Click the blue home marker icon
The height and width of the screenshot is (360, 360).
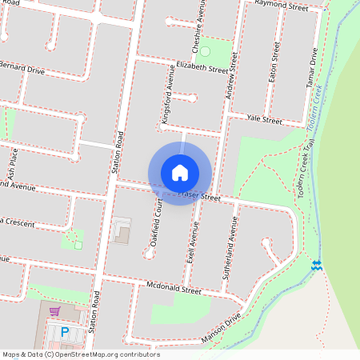click(180, 173)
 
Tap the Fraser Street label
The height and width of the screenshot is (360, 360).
click(199, 195)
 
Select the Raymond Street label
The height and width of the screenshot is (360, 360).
click(281, 7)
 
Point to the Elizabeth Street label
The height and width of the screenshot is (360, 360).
click(202, 69)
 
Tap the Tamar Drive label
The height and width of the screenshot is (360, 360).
click(313, 67)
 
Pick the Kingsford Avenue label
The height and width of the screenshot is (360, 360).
click(169, 98)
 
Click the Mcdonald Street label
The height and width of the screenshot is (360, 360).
click(174, 289)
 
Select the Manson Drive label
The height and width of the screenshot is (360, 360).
click(222, 323)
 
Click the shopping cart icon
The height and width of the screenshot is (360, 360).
click(54, 311)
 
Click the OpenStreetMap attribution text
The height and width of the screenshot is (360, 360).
click(81, 354)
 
